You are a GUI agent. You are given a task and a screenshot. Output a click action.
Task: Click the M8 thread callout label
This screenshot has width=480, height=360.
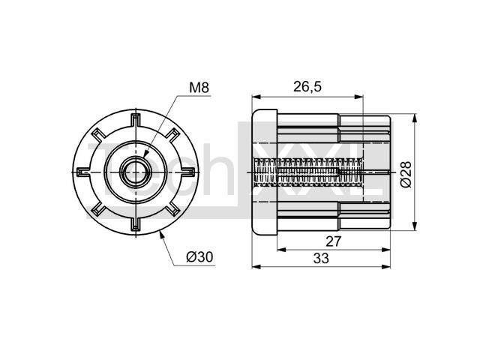click(199, 88)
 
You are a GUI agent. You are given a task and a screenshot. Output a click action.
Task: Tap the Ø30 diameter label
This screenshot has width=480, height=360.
click(199, 256)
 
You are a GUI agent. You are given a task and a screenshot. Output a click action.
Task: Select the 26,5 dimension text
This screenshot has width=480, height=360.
click(307, 87)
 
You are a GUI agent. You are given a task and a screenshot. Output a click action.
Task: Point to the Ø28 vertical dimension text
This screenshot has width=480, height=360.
click(406, 174)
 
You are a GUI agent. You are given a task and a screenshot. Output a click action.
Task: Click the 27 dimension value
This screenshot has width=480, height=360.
click(333, 241)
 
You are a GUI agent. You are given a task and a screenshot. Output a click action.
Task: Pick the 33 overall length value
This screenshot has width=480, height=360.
click(321, 258)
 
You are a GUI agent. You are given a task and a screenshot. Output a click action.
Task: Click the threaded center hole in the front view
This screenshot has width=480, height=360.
click(136, 172)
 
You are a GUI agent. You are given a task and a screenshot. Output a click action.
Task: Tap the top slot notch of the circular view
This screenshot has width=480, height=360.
click(135, 120)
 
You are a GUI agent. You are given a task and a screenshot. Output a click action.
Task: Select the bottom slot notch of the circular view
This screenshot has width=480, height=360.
click(135, 224)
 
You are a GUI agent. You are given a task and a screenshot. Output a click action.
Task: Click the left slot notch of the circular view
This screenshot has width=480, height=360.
click(83, 172)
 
